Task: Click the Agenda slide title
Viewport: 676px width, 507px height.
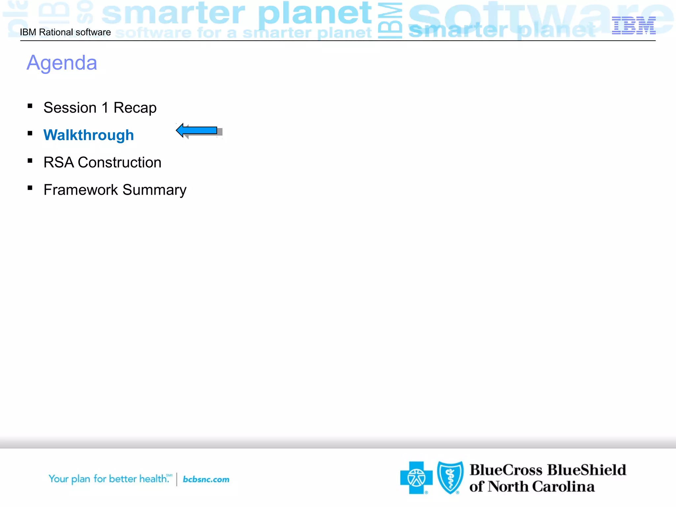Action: click(x=62, y=63)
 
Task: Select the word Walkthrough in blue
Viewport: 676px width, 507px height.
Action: click(x=88, y=135)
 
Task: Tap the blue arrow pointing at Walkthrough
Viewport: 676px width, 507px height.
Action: click(x=197, y=130)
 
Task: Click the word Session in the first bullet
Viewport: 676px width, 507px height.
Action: click(x=70, y=108)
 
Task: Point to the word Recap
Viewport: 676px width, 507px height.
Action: click(x=135, y=108)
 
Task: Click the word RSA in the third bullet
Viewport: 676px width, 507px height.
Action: click(x=58, y=162)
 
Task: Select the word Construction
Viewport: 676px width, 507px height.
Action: click(x=119, y=162)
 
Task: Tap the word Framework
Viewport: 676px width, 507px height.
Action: click(x=81, y=190)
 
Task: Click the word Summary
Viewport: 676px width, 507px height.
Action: click(x=154, y=190)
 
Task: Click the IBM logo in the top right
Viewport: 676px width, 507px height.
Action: click(x=633, y=25)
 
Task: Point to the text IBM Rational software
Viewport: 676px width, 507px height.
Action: click(x=65, y=32)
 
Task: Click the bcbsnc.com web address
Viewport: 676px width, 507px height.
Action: click(x=206, y=479)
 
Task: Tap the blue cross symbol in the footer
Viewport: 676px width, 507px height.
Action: click(x=416, y=478)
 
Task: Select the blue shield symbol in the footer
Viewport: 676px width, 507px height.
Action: click(x=450, y=477)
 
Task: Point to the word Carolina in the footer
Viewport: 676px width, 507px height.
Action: click(x=563, y=487)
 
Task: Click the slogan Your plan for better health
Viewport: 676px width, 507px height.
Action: click(x=109, y=479)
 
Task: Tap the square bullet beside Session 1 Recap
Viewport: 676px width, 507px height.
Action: click(x=30, y=106)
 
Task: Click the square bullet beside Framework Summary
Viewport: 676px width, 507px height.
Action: click(x=30, y=188)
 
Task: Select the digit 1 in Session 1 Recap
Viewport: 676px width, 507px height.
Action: click(x=105, y=108)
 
